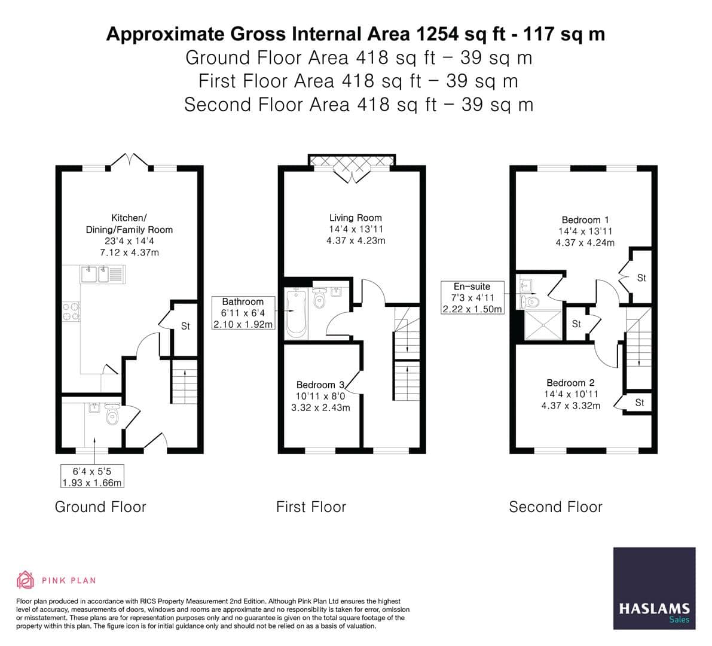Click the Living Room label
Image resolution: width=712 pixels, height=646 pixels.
[x=355, y=218]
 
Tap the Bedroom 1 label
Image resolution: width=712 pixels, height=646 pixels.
[x=585, y=220]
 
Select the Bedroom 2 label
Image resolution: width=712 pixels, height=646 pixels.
[x=570, y=383]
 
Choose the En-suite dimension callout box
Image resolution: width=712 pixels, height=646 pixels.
[x=472, y=298]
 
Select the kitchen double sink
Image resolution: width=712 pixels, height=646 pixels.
[x=102, y=275]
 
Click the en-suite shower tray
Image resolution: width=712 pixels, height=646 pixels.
[x=542, y=325]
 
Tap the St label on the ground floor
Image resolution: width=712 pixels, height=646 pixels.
[x=185, y=327]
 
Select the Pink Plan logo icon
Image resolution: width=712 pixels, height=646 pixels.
[x=25, y=580]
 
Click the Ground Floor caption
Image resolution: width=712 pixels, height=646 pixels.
[x=100, y=507]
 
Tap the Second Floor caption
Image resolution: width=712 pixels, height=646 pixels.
[x=555, y=507]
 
